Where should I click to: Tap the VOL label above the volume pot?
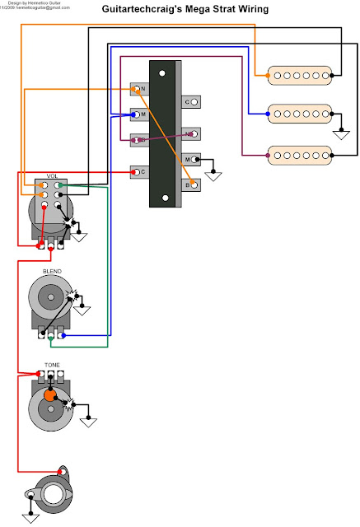pos(51,175)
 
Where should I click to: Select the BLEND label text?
pos(51,270)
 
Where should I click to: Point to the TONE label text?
pos(51,365)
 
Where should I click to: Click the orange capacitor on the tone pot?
pos(49,396)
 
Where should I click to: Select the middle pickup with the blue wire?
pos(300,113)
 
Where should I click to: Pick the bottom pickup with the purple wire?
pos(300,153)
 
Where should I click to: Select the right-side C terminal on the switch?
pos(191,102)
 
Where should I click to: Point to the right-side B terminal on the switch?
pos(191,184)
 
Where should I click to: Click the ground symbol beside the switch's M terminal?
pos(214,174)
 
